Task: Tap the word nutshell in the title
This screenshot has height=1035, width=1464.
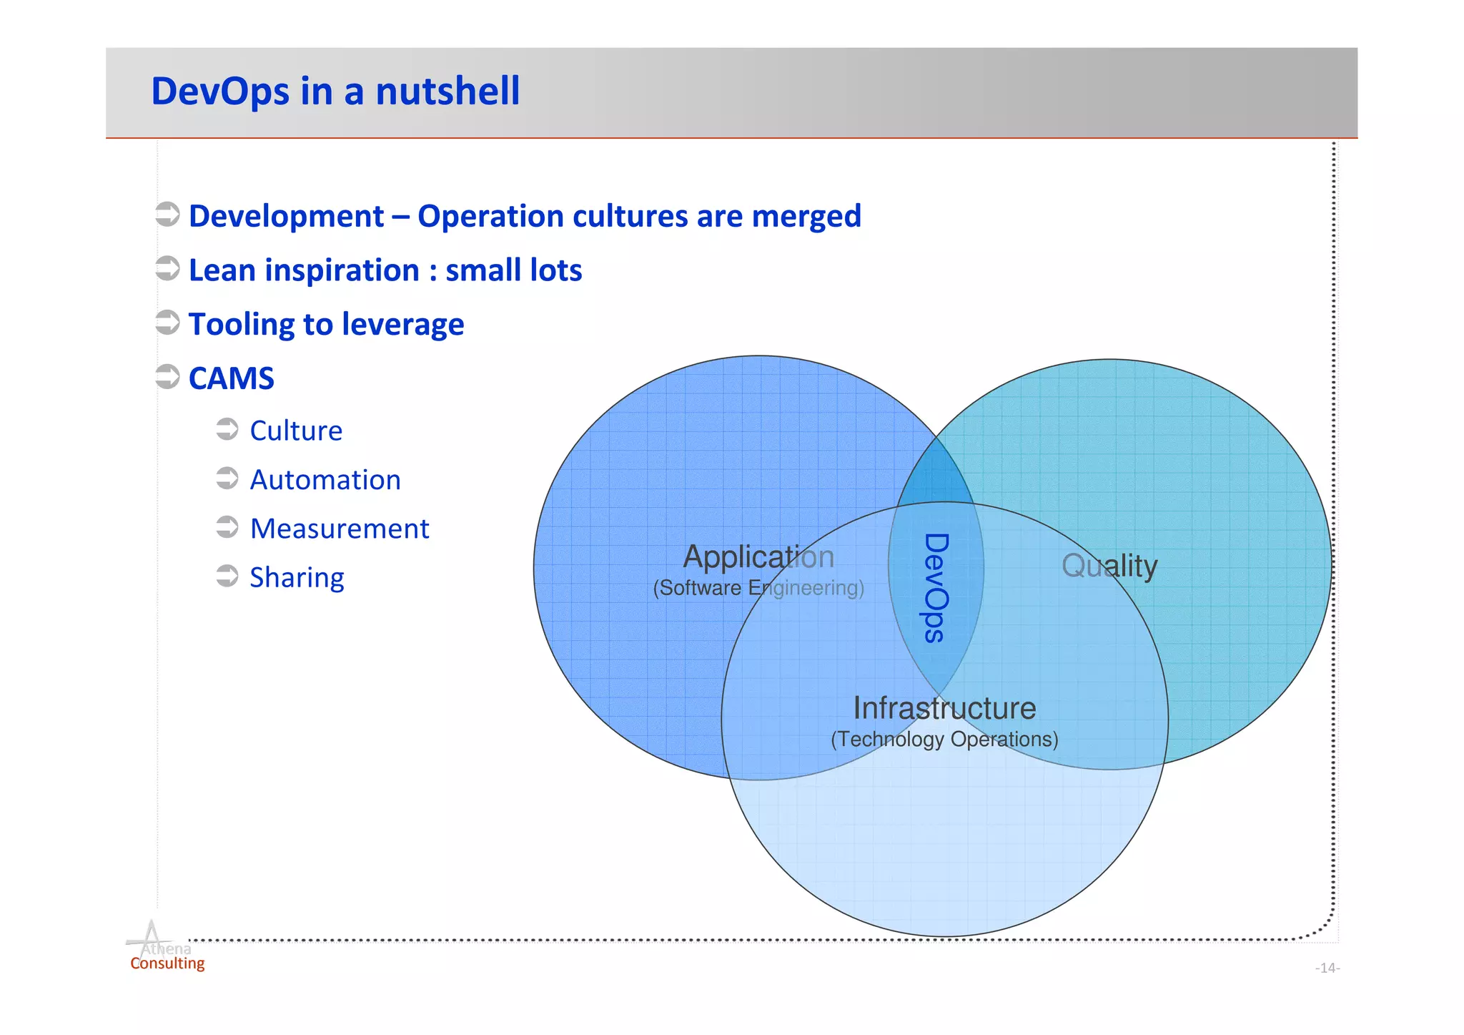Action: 447,92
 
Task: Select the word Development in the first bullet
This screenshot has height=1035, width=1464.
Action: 286,216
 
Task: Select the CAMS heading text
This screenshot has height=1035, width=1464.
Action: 231,378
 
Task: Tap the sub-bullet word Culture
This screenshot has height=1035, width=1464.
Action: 296,431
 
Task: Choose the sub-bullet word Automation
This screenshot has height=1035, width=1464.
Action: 325,480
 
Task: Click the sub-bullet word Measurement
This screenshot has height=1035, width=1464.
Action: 340,529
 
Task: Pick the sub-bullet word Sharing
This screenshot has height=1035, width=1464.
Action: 297,578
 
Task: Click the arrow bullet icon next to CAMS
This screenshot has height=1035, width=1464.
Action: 168,376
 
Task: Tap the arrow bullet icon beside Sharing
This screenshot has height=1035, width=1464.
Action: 227,576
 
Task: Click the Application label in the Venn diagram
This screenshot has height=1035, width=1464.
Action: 758,556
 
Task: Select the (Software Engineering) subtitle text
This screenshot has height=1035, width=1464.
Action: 758,588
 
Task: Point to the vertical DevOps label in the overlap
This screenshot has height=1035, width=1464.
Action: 935,588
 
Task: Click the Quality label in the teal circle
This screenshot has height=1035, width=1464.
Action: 1109,566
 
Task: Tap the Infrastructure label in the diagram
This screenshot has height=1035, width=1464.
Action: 944,708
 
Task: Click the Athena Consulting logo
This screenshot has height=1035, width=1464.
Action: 164,948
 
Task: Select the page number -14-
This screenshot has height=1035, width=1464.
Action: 1327,968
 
